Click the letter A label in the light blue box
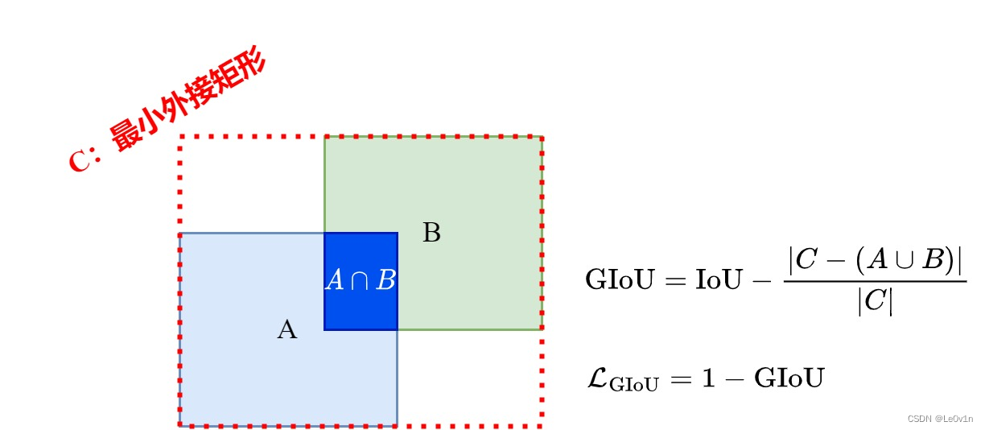tap(287, 329)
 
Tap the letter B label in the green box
tap(431, 234)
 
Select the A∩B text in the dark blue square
tap(361, 281)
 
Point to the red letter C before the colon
tap(81, 160)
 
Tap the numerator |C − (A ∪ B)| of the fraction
tap(876, 259)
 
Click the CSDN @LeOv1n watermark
tap(940, 419)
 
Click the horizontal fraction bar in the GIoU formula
tap(875, 281)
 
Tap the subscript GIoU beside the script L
tap(633, 385)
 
